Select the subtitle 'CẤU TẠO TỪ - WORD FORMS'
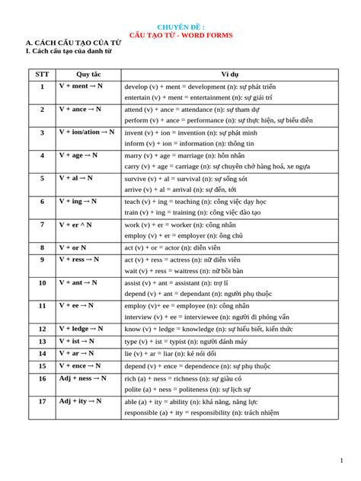point(180,35)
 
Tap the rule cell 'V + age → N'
point(79,155)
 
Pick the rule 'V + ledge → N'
point(83,328)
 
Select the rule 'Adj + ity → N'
point(80,400)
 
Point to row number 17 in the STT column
point(42,401)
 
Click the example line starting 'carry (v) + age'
point(218,166)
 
